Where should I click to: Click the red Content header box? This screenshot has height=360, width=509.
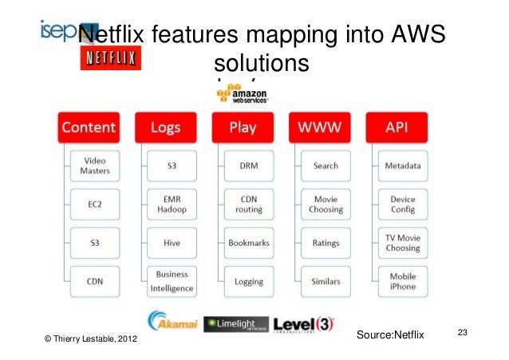(x=89, y=128)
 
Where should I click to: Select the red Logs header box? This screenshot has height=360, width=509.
(x=165, y=128)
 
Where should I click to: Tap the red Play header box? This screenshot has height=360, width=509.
(x=243, y=128)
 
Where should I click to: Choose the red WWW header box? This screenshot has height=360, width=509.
(x=319, y=128)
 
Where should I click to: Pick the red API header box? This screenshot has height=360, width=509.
(x=397, y=128)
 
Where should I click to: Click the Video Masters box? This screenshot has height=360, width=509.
(x=95, y=166)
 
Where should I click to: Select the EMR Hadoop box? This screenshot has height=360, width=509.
(x=172, y=204)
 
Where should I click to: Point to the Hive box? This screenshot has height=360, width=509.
(x=172, y=242)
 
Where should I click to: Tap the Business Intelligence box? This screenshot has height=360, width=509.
(x=172, y=280)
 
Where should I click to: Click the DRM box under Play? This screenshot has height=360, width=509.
(x=249, y=166)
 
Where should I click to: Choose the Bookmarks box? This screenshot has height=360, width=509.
(x=249, y=242)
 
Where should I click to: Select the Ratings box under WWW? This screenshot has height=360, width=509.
(x=326, y=242)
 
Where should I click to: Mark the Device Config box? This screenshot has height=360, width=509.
(x=403, y=204)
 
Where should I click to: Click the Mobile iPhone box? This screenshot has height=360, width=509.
(x=403, y=280)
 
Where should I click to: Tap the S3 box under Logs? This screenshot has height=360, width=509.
(x=172, y=166)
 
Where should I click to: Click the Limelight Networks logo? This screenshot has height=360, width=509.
(x=235, y=324)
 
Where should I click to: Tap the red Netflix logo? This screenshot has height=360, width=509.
(x=110, y=58)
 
